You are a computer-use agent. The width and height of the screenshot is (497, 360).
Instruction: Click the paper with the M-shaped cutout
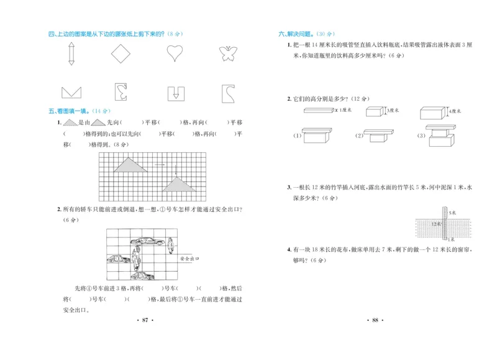[x=72, y=93]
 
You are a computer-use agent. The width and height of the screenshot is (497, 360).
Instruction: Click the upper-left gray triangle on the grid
[x=127, y=164]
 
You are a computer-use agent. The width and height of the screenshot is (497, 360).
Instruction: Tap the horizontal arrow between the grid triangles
[x=159, y=165]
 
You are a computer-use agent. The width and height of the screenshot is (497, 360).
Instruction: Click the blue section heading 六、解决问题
[x=297, y=34]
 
